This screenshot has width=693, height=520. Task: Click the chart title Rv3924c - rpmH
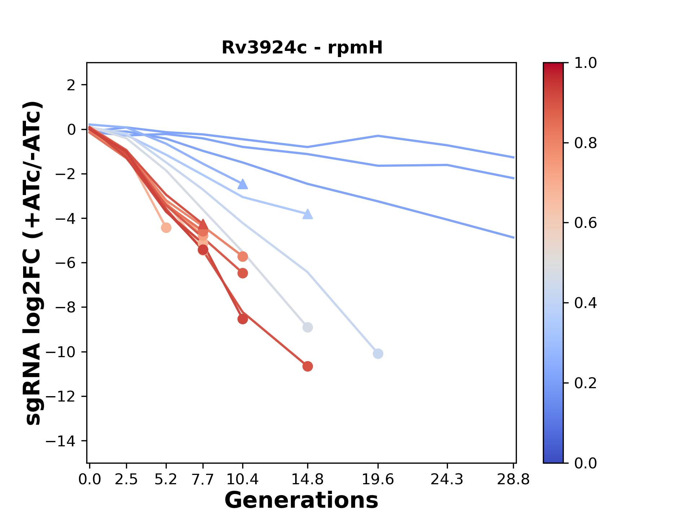coord(302,48)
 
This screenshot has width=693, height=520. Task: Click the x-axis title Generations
coord(301,500)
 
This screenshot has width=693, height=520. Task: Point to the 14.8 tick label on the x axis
coord(307,480)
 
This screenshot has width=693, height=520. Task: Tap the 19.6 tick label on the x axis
coord(378,480)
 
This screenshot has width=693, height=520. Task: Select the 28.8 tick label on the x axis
coord(513,480)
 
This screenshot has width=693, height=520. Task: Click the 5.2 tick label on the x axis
coord(166,480)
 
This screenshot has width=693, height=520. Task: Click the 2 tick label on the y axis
coord(71,85)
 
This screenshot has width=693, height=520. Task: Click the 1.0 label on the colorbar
coord(585,63)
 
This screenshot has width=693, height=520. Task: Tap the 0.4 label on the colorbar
coord(585,303)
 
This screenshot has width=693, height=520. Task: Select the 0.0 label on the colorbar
coord(585,463)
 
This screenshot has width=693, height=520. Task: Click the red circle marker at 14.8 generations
coord(308,367)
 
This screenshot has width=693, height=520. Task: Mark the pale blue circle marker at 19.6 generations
coord(378,354)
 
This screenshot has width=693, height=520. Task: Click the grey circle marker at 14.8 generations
coord(308,328)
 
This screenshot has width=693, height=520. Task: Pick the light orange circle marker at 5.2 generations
coord(166,228)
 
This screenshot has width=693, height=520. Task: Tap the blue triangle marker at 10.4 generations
coord(243,184)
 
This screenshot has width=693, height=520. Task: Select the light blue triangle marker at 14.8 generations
coord(308,214)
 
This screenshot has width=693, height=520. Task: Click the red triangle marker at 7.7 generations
coord(203,225)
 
